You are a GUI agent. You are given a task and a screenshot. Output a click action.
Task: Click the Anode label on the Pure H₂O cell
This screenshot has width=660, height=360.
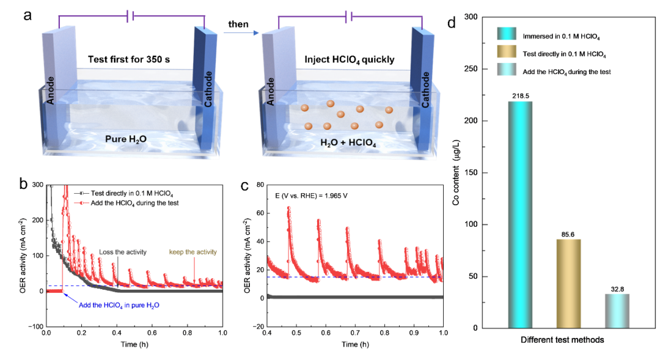click(x=51, y=89)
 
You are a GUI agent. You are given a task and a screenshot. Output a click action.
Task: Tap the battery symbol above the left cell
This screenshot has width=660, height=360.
click(x=130, y=17)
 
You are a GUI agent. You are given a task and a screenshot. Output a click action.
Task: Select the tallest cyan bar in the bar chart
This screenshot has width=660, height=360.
click(x=520, y=214)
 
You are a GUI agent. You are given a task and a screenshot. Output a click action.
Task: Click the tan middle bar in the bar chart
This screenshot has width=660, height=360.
click(x=568, y=282)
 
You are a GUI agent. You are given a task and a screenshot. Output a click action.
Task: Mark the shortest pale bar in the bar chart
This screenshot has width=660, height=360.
click(x=617, y=310)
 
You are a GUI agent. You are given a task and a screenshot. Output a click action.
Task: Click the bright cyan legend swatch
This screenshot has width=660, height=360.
click(x=507, y=34)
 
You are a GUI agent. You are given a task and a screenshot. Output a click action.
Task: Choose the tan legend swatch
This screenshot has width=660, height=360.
click(x=507, y=52)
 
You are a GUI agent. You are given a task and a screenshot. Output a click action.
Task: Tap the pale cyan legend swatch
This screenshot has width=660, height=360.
click(x=507, y=70)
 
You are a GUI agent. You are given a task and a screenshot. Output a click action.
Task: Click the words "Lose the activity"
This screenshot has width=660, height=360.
click(x=120, y=252)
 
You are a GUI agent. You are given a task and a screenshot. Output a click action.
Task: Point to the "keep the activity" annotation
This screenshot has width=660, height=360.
click(x=193, y=252)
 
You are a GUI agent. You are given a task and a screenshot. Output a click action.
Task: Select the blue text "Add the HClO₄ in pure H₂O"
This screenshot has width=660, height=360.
click(x=119, y=305)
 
